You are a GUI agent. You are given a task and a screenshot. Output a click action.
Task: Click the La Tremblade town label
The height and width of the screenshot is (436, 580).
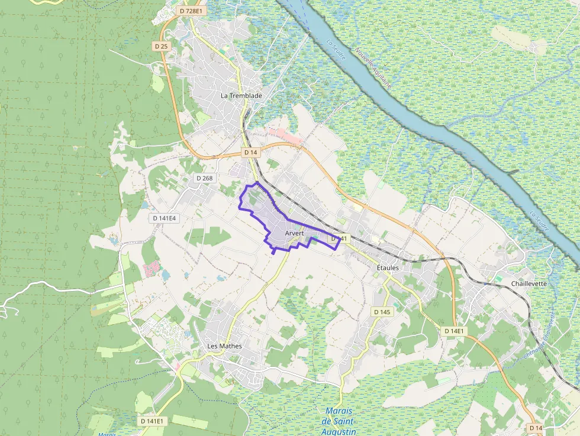241,95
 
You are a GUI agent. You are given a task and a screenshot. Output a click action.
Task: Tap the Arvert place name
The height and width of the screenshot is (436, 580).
294,234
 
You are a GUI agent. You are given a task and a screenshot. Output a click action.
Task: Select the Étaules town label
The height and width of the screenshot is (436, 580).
388,267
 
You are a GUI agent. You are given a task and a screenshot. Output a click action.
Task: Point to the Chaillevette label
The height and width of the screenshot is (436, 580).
529,283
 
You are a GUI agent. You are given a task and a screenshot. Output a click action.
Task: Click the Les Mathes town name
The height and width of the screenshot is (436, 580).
224,345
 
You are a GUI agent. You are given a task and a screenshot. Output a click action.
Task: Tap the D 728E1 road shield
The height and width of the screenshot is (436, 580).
191,11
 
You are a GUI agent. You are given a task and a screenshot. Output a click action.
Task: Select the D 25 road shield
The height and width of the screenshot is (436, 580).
161,46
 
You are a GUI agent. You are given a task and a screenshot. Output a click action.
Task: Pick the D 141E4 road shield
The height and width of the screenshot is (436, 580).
165,218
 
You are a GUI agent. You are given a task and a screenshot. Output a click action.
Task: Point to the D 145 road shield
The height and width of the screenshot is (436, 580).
382,311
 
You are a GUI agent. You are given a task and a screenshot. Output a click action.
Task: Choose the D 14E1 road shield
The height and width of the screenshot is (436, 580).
455,331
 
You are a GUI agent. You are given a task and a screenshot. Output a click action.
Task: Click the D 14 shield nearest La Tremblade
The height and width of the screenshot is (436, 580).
250,152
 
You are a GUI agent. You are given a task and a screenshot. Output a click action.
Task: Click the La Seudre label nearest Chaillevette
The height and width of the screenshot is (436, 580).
540,221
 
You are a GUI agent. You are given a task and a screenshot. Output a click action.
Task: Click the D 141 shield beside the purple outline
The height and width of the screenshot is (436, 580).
340,238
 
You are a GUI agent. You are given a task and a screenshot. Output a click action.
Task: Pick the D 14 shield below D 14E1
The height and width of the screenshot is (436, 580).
536,427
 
